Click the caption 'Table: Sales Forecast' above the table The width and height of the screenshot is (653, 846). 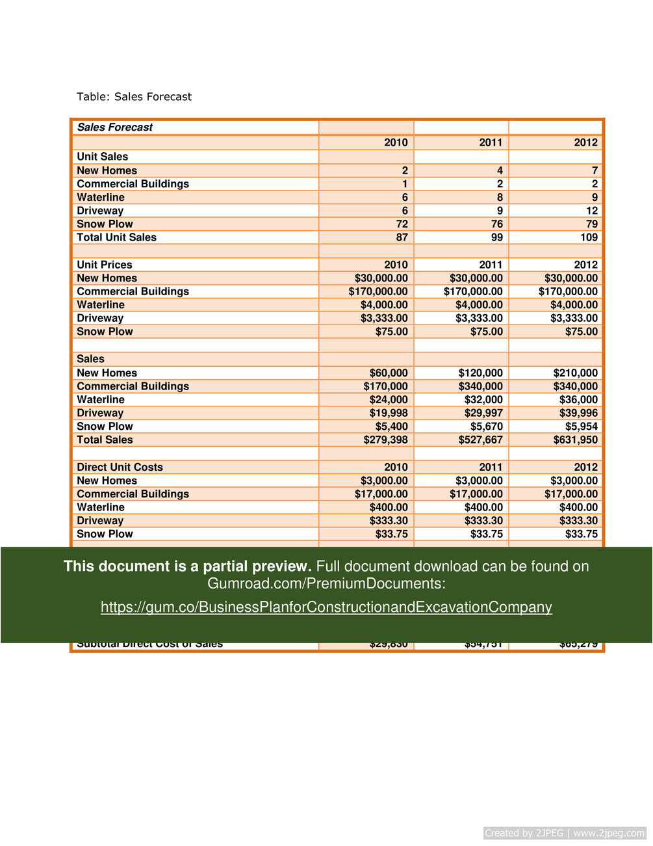point(134,97)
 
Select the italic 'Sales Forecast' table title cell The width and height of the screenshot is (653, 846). point(115,127)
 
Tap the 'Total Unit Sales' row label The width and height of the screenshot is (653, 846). point(116,237)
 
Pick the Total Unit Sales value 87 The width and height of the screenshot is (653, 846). point(402,237)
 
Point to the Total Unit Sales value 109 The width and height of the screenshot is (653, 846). point(589,237)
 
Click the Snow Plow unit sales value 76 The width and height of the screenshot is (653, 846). point(496,224)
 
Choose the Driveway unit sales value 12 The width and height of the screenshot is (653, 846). point(591,211)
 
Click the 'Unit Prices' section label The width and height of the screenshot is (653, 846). point(104,265)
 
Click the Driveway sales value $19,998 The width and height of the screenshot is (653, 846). point(389,413)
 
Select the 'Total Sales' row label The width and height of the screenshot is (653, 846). point(105,440)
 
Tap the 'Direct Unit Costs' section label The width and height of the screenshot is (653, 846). point(120,467)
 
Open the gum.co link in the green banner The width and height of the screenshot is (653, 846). point(326,607)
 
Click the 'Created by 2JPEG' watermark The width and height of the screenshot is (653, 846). point(564,833)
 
